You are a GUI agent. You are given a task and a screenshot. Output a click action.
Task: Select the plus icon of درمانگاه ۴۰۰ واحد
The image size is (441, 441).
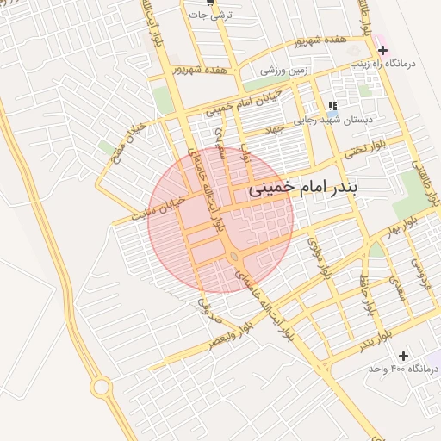point(403,356)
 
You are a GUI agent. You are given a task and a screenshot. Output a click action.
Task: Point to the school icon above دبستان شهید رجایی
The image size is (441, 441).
point(332,107)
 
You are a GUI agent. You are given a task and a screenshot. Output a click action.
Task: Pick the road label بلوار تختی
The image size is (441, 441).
point(362,152)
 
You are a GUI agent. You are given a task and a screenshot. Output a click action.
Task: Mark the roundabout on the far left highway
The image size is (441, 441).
point(101,388)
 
